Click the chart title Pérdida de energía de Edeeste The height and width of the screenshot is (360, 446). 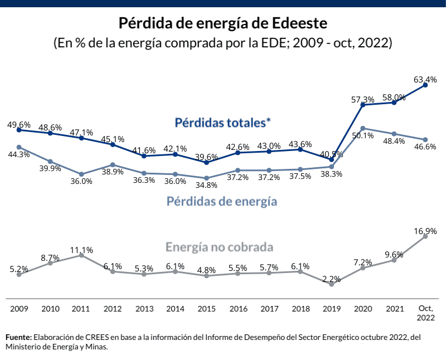223,24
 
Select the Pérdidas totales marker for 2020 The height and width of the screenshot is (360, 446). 363,105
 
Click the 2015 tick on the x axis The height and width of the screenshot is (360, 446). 207,308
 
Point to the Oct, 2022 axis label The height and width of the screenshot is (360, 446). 425,313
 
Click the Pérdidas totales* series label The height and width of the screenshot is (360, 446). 222,121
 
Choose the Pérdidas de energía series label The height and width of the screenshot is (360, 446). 222,201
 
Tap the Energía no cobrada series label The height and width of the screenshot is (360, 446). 219,246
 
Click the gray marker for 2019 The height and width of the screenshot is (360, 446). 332,284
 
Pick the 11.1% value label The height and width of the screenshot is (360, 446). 81,250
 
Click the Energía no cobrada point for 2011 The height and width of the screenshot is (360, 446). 81,255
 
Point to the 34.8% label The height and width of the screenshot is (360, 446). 207,186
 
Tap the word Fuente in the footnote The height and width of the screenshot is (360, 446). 18,338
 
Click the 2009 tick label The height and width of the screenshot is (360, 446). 19,308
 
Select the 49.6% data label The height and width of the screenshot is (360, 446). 19,124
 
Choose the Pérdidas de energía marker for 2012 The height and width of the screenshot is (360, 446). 113,165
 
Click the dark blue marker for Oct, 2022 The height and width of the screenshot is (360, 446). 425,85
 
